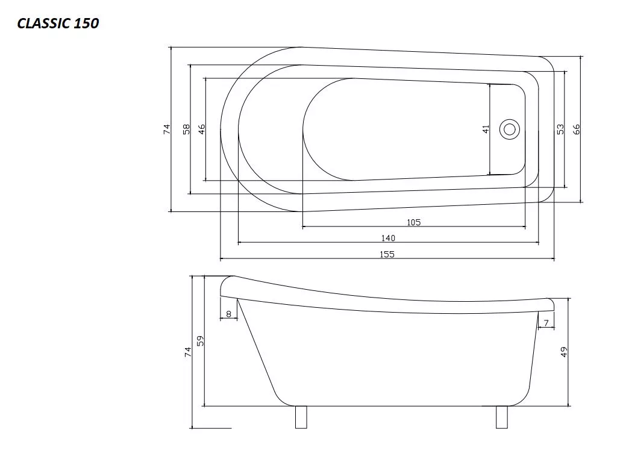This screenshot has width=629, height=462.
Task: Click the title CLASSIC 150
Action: tap(58, 23)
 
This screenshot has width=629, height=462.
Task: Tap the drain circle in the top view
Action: tap(510, 129)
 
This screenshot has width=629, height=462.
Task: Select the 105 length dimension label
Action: tap(413, 222)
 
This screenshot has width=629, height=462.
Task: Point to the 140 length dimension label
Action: tap(388, 238)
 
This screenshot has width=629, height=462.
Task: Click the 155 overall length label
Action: tap(387, 254)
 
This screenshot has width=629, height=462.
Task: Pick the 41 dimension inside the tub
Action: tap(486, 129)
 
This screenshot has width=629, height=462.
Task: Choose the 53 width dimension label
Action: tap(560, 129)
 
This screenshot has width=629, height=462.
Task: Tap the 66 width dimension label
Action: tap(577, 129)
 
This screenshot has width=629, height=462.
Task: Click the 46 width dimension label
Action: tap(202, 129)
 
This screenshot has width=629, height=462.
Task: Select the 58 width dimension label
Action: tap(186, 129)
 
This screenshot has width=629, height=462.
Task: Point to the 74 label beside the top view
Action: tap(166, 129)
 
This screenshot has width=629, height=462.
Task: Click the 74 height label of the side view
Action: tap(188, 352)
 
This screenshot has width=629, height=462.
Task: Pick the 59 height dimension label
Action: tap(201, 340)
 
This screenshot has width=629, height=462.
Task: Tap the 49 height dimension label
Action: tap(563, 352)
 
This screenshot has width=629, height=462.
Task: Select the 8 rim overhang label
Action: tap(229, 314)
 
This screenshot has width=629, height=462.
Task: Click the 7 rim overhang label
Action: tap(546, 323)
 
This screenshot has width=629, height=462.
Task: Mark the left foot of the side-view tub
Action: tap(301, 417)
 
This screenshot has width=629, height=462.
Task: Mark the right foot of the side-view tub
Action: tap(502, 417)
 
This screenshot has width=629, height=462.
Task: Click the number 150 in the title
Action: tap(86, 23)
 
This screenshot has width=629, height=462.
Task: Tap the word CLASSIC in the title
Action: tap(43, 23)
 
